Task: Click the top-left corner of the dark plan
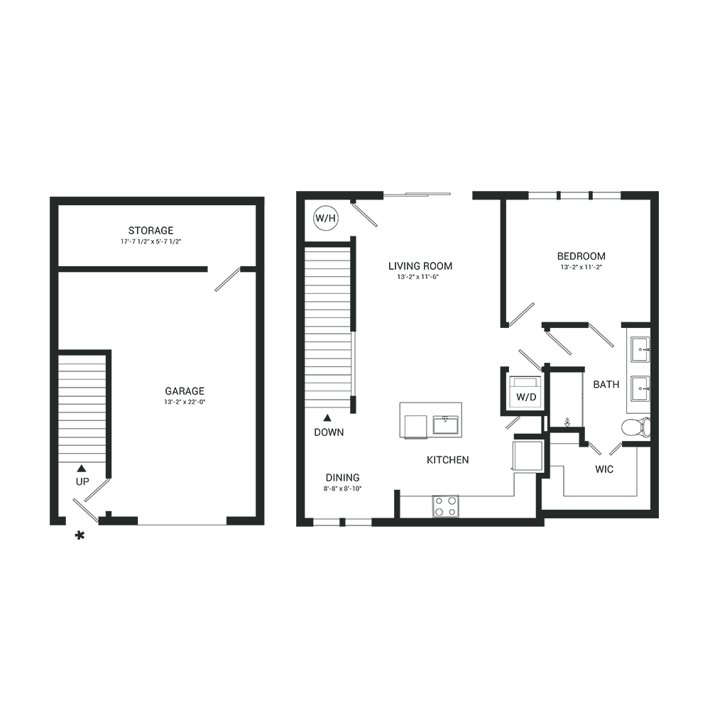click(x=50, y=191)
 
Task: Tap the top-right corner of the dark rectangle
click(x=658, y=191)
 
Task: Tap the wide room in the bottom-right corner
click(x=600, y=476)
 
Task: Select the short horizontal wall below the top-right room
click(x=603, y=324)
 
